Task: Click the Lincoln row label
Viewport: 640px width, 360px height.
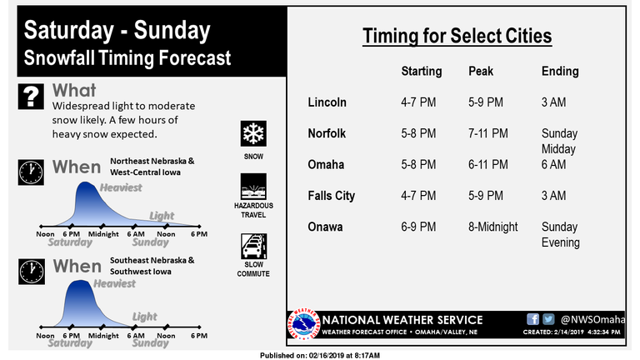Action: pos(327,102)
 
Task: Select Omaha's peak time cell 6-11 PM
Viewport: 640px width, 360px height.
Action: pos(487,164)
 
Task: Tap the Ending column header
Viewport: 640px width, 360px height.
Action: pos(560,72)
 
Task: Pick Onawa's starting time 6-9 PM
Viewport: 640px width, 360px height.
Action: pos(418,227)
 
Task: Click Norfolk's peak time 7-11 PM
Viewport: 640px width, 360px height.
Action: pos(487,133)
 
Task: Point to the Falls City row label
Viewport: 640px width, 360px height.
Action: pos(331,196)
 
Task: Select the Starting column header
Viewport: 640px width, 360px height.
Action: pos(421,72)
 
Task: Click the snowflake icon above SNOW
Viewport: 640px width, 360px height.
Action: pos(253,133)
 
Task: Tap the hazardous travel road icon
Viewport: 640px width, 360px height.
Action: pos(253,187)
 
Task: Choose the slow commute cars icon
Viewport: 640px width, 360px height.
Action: pos(254,246)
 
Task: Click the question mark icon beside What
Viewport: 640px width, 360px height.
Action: pos(31,97)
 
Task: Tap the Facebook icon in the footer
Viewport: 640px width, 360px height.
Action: pos(532,319)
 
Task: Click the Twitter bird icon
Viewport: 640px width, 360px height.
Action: pos(548,319)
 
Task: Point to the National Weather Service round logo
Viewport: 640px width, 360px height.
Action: pos(303,324)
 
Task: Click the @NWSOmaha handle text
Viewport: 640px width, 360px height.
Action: pos(592,319)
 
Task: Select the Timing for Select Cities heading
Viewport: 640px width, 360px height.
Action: pos(457,36)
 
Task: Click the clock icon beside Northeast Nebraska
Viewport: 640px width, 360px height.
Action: pos(31,172)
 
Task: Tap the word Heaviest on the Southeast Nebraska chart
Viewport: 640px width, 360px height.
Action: pos(114,283)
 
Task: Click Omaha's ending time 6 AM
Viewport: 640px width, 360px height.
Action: pos(553,164)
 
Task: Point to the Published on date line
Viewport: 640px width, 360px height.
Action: pos(320,356)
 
